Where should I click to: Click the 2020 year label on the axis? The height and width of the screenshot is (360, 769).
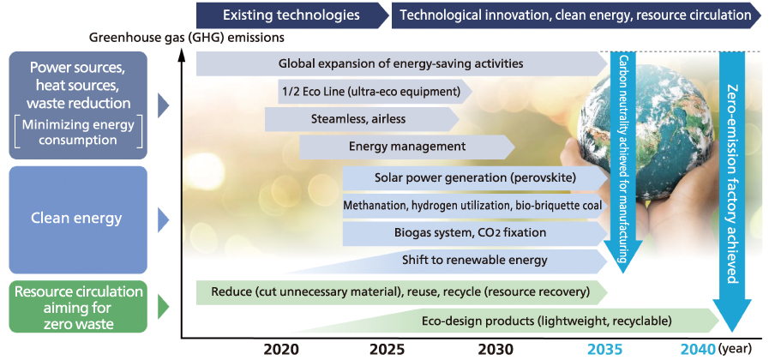[x=281, y=350]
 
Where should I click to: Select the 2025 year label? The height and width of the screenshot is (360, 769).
[x=388, y=350]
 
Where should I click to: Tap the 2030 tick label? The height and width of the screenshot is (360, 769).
[x=496, y=350]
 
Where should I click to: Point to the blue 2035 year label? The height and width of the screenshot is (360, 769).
[x=605, y=350]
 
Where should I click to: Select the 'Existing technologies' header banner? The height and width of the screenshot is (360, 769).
[x=290, y=15]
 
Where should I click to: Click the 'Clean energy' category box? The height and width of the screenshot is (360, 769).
[x=77, y=219]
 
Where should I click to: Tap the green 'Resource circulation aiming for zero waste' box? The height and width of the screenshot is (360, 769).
[x=77, y=304]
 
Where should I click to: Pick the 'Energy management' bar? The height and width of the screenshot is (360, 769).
[x=407, y=147]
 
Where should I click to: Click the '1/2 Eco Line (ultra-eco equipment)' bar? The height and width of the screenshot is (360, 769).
[x=371, y=91]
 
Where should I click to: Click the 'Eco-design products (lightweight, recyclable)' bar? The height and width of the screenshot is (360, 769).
[x=546, y=321]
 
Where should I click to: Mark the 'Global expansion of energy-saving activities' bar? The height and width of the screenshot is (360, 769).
[x=400, y=63]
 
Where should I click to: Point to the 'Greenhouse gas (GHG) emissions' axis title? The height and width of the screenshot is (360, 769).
[x=186, y=38]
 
